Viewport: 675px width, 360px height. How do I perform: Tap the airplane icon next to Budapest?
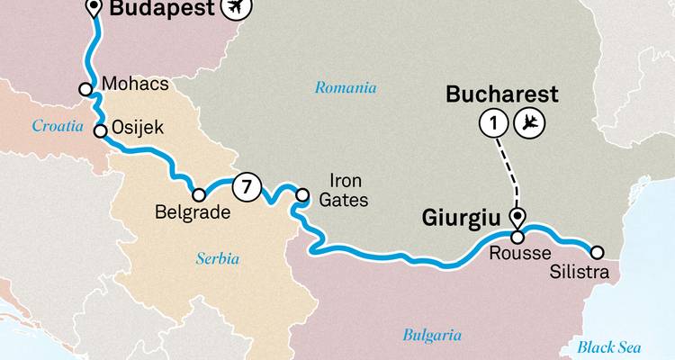pos(237,9)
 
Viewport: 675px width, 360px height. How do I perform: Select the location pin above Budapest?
pos(94,9)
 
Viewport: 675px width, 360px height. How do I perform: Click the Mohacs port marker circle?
pos(85,89)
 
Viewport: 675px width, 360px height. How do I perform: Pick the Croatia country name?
pos(58,126)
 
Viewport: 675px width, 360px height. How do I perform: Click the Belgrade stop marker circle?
pos(198,193)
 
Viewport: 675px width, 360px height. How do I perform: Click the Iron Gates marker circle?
pos(303,192)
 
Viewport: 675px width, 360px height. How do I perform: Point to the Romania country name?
pos(345,88)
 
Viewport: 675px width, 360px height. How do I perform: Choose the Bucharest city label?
pos(503,94)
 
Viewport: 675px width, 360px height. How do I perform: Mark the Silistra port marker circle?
pos(594,251)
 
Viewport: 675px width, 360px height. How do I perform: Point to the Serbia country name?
pos(218,258)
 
